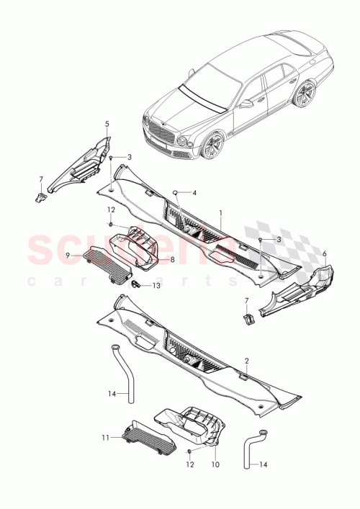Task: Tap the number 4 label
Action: pos(194,192)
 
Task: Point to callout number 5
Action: pos(107,124)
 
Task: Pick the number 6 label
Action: pos(324,253)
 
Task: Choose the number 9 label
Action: pos(67,254)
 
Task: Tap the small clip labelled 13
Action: pos(136,284)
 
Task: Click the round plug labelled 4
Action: pos(174,192)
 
